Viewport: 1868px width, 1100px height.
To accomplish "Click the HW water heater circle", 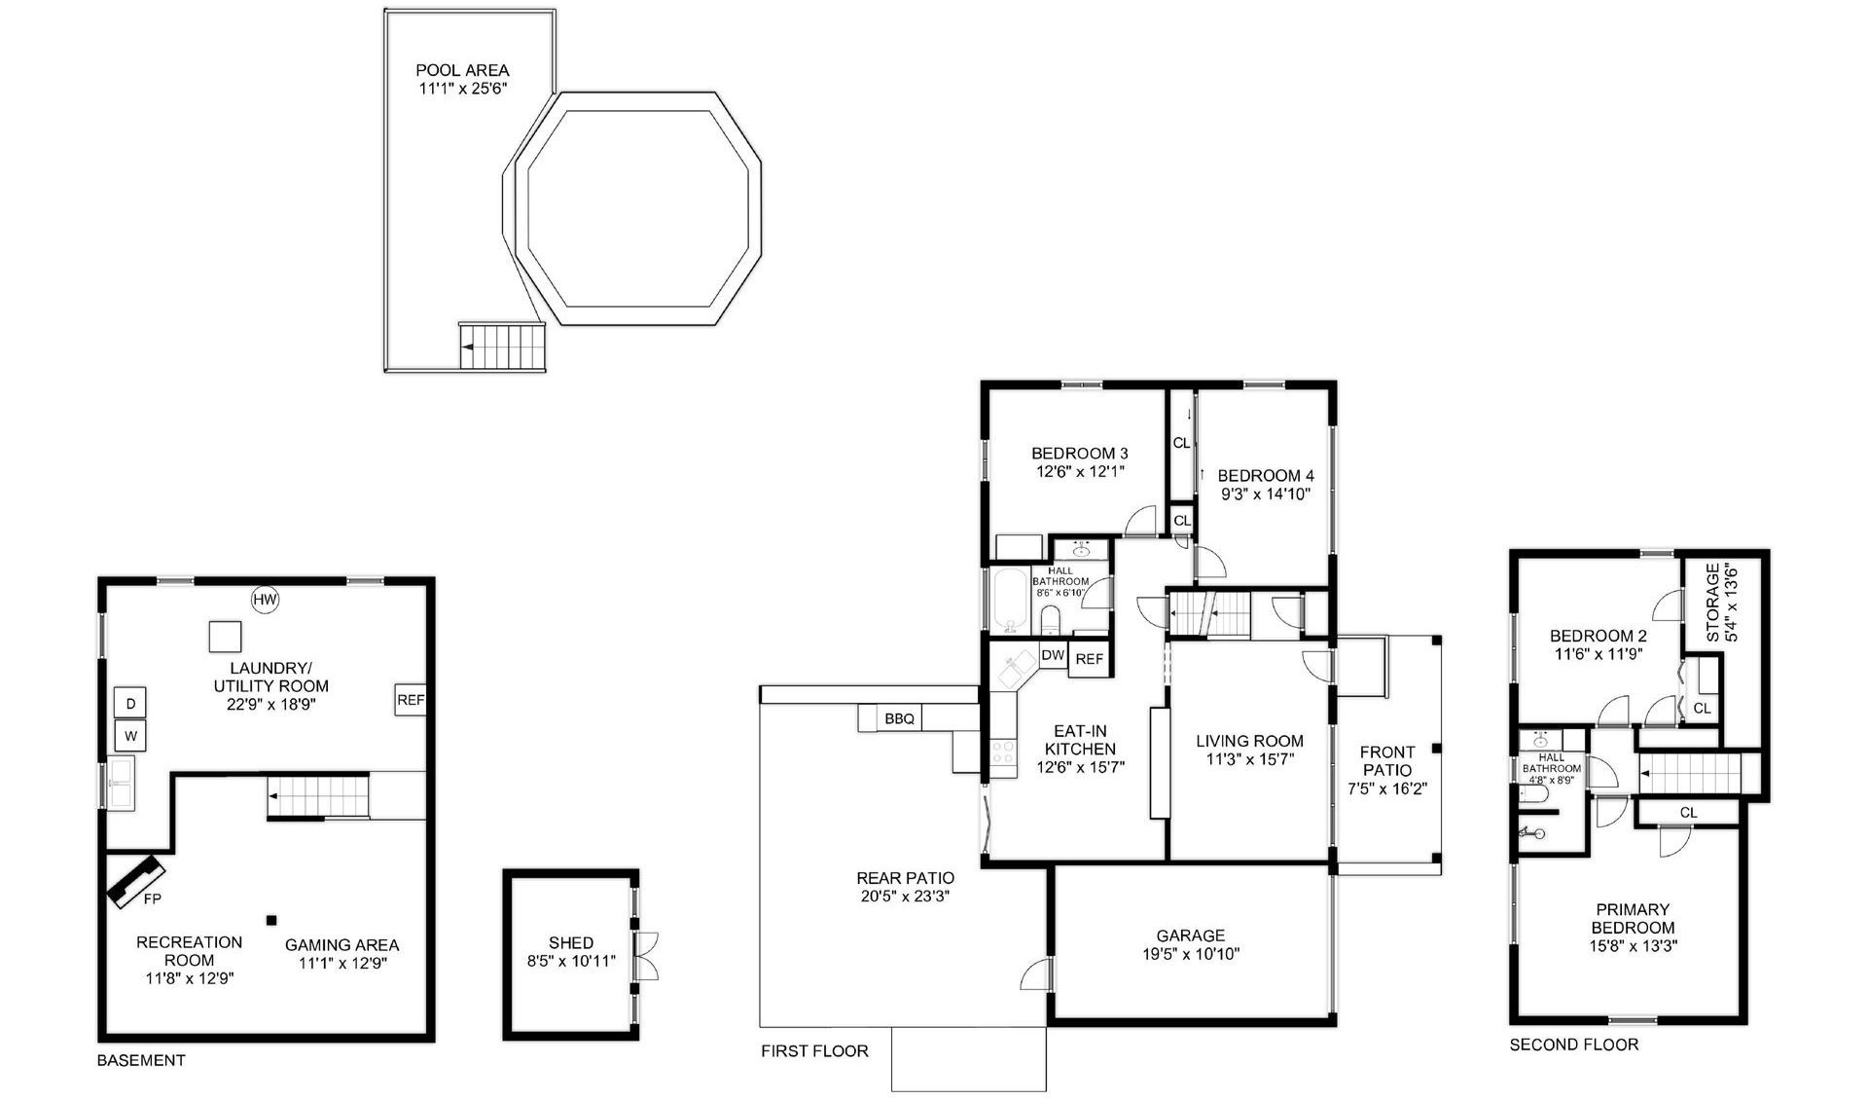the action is pyautogui.click(x=265, y=600).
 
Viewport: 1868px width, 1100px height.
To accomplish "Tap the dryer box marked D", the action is pyautogui.click(x=130, y=703).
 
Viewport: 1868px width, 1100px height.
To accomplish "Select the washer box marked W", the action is pyautogui.click(x=130, y=736).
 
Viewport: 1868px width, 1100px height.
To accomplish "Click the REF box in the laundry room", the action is pyautogui.click(x=411, y=700).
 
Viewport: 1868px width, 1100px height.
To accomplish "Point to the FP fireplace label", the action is pyautogui.click(x=152, y=898).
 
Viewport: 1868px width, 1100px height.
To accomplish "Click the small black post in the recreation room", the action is pyautogui.click(x=272, y=919).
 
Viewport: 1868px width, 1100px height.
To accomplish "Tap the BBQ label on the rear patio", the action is pyautogui.click(x=899, y=718).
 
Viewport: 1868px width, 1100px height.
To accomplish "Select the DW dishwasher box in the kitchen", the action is pyautogui.click(x=1053, y=655).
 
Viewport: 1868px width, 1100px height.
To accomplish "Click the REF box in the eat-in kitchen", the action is pyautogui.click(x=1090, y=659).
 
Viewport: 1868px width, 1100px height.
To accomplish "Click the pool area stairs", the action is pyautogui.click(x=502, y=347).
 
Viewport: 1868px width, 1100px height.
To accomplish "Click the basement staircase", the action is pyautogui.click(x=319, y=796).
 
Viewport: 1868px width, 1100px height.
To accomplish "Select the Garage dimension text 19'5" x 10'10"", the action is pyautogui.click(x=1191, y=954).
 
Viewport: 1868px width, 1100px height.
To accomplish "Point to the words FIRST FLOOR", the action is pyautogui.click(x=814, y=1050).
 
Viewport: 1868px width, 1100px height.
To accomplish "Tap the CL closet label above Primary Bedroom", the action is pyautogui.click(x=1688, y=812).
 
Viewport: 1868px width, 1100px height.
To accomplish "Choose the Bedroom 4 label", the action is pyautogui.click(x=1265, y=475).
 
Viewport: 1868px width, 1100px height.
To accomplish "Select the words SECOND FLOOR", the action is pyautogui.click(x=1573, y=1045).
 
